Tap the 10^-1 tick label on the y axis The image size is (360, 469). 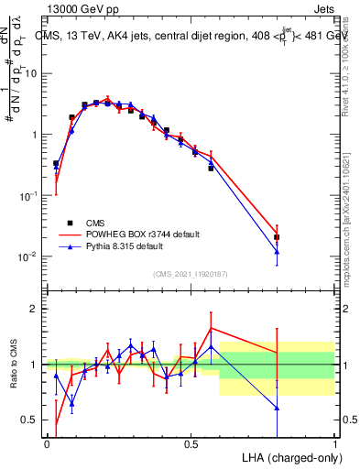(28, 195)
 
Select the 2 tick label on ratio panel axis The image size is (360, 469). (35, 309)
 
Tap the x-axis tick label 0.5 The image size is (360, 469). (191, 444)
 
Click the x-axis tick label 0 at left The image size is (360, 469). (47, 444)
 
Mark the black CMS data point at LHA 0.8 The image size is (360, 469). (277, 237)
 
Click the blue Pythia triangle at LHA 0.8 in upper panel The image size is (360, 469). (277, 252)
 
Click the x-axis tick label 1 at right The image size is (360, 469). (335, 444)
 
